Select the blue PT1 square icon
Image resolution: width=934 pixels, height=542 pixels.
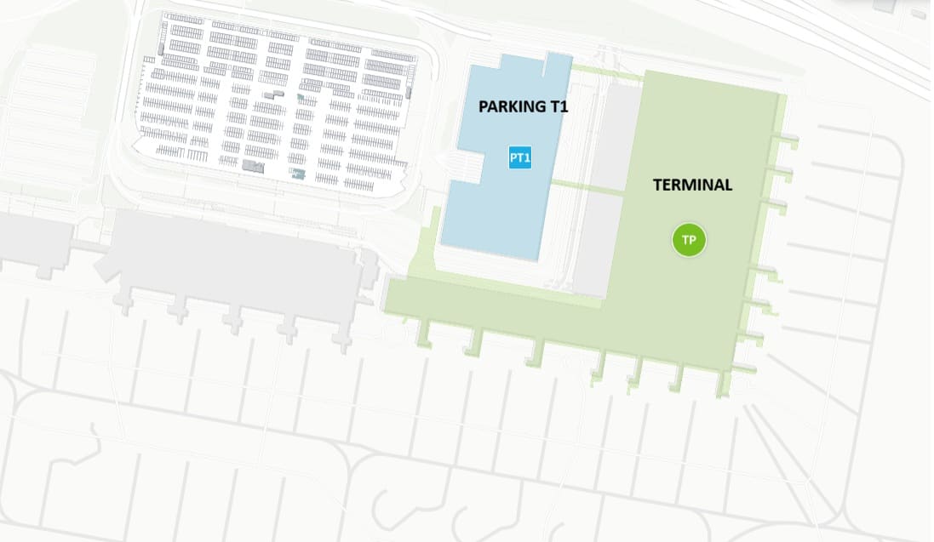[x=520, y=157]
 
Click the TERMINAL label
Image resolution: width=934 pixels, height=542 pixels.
[x=692, y=185]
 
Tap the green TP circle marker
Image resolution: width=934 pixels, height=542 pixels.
[x=690, y=240]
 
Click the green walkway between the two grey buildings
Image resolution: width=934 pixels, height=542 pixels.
[x=587, y=182]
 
